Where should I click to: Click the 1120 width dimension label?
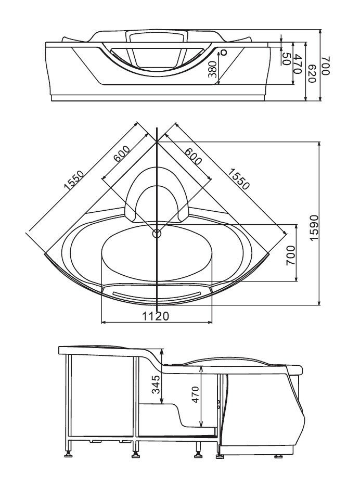156,316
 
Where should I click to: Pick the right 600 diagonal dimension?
192,155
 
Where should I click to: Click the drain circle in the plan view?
157,234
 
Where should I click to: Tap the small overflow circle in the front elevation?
224,52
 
